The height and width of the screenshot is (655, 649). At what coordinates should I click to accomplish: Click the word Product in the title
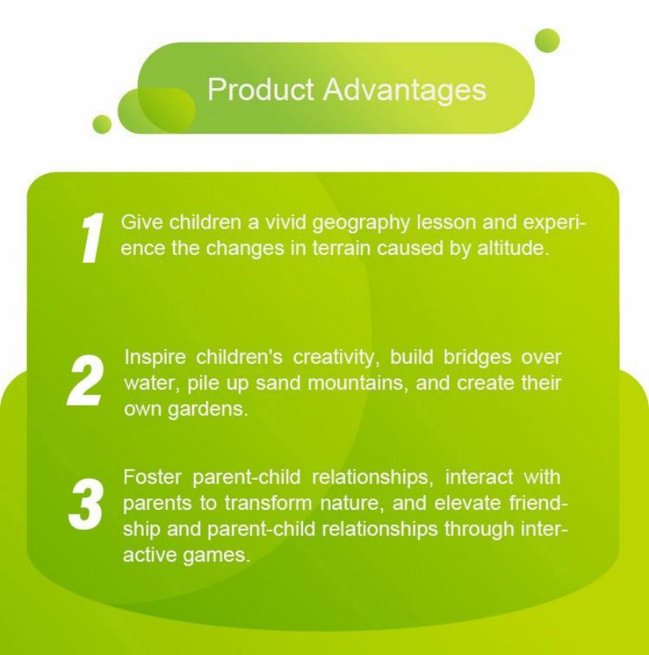[260, 89]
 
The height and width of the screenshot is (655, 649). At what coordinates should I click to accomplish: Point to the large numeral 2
[86, 381]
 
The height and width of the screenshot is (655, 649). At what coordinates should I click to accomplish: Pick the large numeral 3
[86, 504]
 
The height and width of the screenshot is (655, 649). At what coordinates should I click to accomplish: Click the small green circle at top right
[547, 40]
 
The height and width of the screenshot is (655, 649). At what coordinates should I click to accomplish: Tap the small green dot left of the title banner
[102, 124]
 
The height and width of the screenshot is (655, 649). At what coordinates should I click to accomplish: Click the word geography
[362, 223]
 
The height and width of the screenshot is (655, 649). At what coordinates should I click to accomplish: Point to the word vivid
[287, 222]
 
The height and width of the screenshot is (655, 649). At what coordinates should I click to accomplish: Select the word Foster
[152, 477]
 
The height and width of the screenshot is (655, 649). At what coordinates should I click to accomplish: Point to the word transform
[268, 503]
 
